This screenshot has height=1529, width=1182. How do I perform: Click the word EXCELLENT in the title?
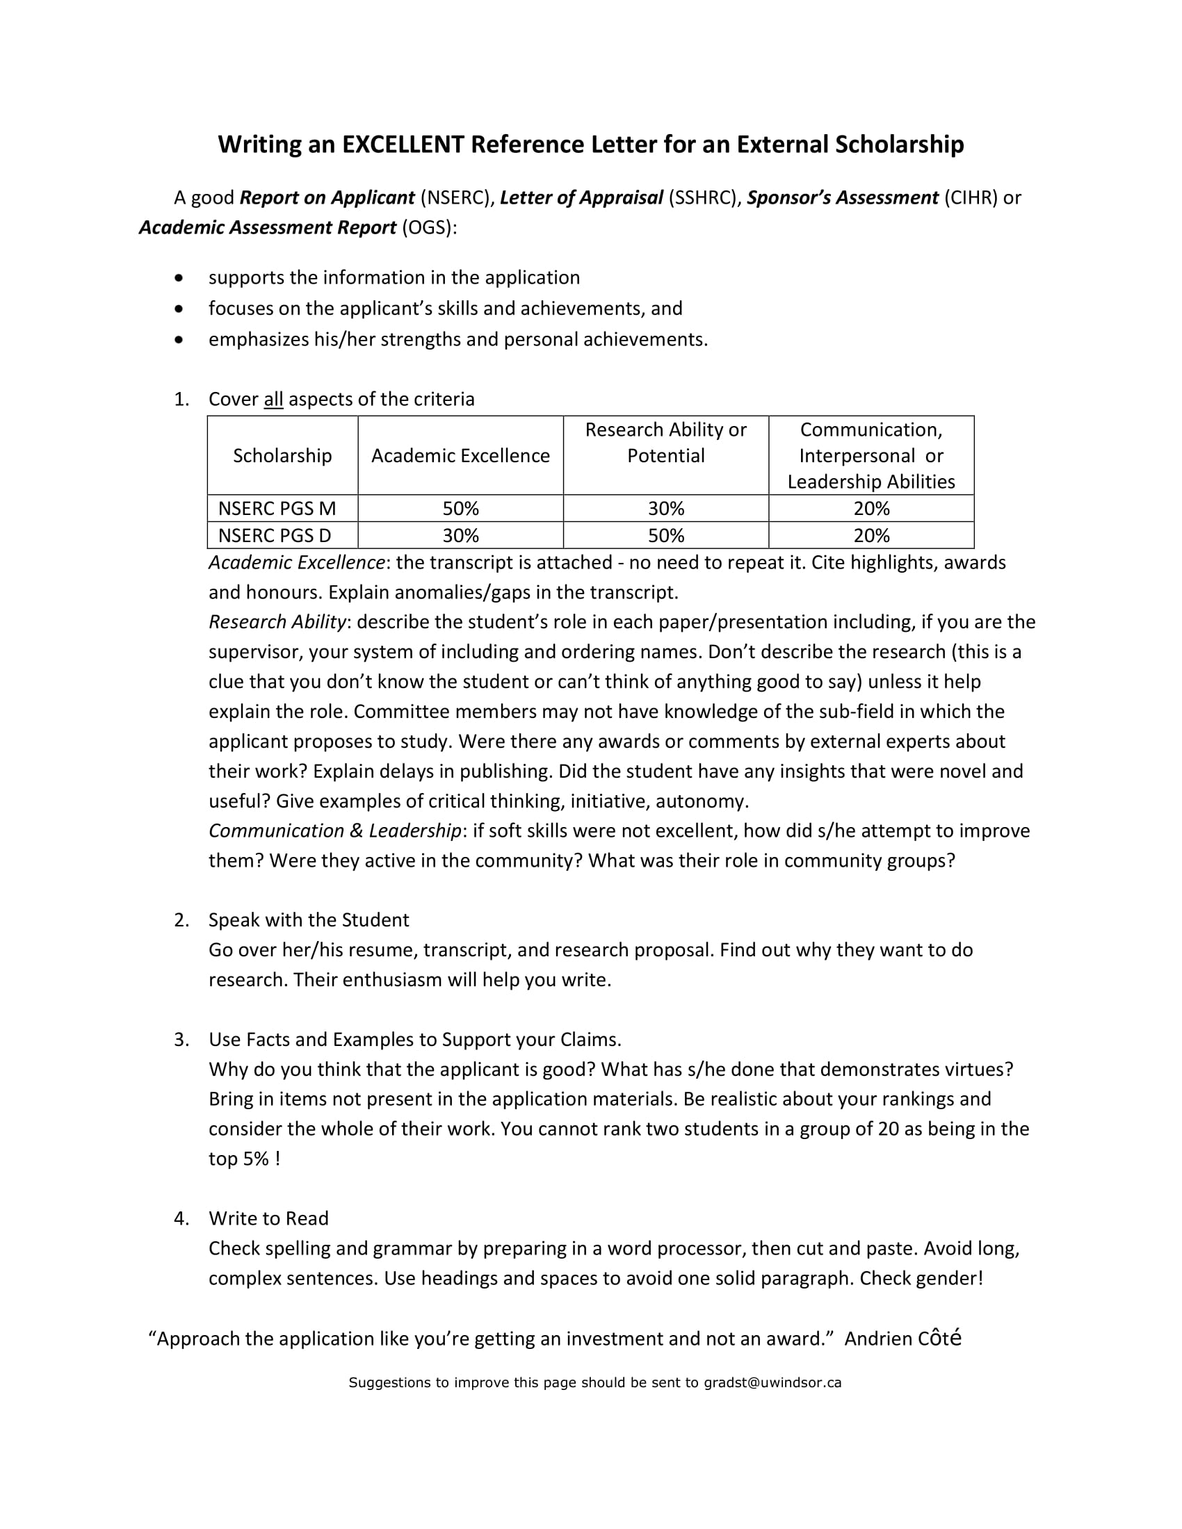[403, 145]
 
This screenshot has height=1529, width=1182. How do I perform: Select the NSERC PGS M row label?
[277, 508]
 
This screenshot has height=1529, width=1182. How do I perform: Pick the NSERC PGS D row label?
[275, 536]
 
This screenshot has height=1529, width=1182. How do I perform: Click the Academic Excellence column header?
[460, 456]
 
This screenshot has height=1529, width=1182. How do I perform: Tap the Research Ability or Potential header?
[665, 443]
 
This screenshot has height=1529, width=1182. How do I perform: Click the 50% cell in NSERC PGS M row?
[460, 508]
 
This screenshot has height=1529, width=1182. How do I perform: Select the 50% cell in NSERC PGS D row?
[665, 536]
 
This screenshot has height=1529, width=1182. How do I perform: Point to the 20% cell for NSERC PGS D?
[871, 536]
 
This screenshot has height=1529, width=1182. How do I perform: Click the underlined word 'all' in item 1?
[273, 399]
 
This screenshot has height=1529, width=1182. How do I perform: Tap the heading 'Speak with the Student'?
[308, 920]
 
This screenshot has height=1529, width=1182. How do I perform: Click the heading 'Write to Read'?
[268, 1218]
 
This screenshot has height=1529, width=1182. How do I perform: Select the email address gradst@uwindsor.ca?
[772, 1382]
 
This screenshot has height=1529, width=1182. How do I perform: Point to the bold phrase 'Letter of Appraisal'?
[581, 198]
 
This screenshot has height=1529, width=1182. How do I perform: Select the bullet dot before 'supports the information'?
[179, 278]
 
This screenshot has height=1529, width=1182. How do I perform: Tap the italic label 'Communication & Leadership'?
[334, 831]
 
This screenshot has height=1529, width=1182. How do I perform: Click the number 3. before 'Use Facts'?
[181, 1040]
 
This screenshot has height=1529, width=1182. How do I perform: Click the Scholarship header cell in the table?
[282, 456]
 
